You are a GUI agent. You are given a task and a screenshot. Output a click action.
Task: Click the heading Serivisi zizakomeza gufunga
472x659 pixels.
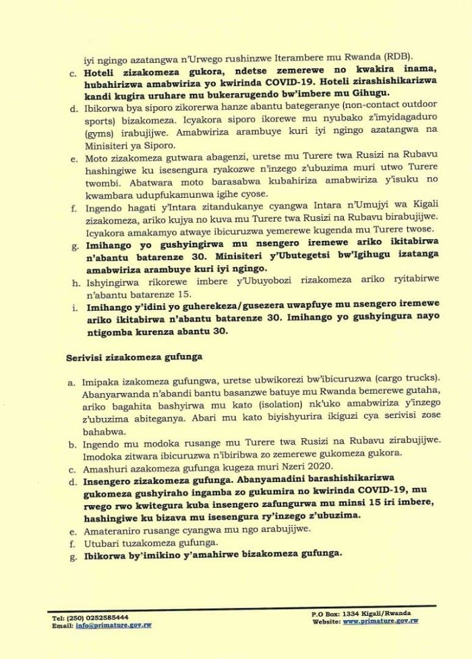click(126, 356)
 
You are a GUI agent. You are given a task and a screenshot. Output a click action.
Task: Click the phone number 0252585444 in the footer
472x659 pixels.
click(105, 617)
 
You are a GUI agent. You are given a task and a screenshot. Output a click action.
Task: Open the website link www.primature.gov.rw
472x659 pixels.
click(381, 621)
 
